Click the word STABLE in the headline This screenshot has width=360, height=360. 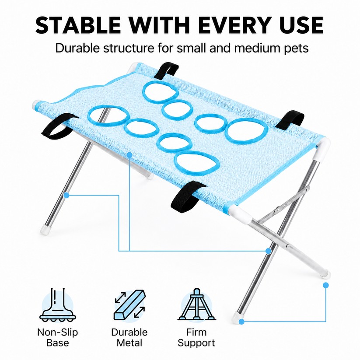pos(78,25)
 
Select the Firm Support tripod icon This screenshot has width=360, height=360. pos(196,304)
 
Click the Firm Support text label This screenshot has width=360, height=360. pos(196,338)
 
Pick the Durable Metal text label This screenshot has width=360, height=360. pos(129,338)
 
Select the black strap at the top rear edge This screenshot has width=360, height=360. pos(166,71)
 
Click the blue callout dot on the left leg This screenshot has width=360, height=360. pos(66,196)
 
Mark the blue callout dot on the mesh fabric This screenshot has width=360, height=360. pos(129,155)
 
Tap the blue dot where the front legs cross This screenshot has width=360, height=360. pos(268,251)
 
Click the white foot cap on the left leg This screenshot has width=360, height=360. pos(45,229)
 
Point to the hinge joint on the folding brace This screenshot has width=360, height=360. pos(278,209)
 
